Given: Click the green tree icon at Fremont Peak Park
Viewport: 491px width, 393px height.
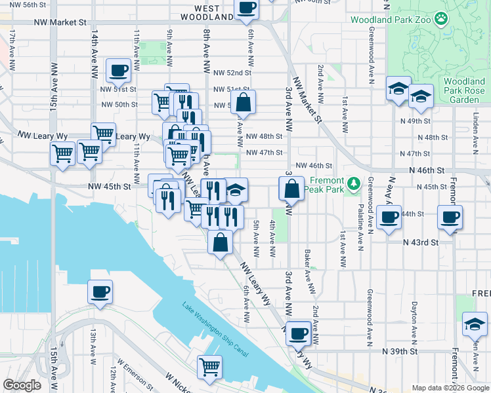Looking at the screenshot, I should click(354, 184).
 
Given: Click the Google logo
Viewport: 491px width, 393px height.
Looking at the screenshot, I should click(22, 384).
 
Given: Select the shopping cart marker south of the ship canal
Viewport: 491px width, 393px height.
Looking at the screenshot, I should click(209, 367).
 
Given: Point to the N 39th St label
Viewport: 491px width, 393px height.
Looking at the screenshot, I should click(401, 350).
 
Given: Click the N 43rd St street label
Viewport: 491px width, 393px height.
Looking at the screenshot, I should click(420, 242).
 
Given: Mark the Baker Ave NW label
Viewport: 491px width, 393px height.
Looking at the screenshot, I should click(307, 265).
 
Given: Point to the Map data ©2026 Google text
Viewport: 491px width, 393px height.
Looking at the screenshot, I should click(450, 388).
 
